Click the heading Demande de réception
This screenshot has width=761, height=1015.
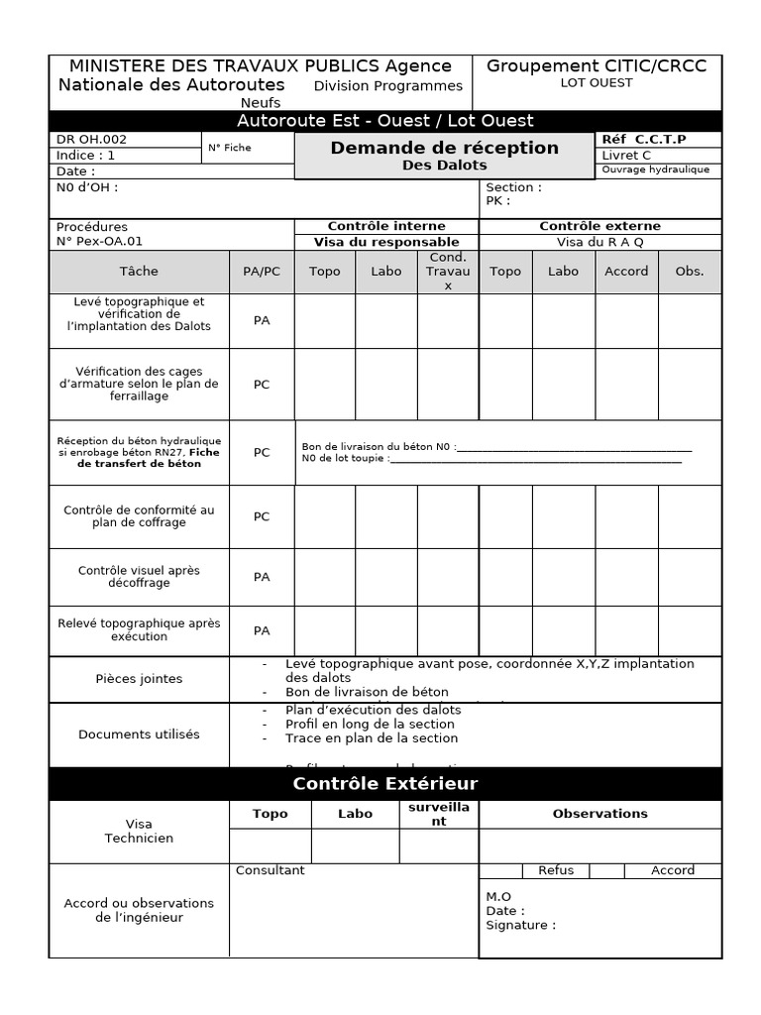point(444,148)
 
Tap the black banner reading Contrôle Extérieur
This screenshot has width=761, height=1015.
point(385,784)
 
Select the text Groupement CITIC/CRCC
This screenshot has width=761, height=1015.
point(597,65)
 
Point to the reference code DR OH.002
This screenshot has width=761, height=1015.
point(92,140)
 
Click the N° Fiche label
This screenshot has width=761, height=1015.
point(230,148)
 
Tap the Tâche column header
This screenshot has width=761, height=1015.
point(139,271)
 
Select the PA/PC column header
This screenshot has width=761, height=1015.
point(262,271)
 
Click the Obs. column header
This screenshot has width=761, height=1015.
point(689,271)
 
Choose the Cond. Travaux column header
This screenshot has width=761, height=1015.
point(448,271)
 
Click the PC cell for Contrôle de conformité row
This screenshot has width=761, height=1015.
point(262,516)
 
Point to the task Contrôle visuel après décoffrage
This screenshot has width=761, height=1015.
point(139,577)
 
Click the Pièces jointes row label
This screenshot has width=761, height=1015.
point(139,679)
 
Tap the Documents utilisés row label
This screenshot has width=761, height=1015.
point(139,734)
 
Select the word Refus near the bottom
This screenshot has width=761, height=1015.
point(556,870)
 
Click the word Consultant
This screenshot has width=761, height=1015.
point(271,870)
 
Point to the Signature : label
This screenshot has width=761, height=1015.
point(520,925)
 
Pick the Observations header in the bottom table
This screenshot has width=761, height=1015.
point(599,814)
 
